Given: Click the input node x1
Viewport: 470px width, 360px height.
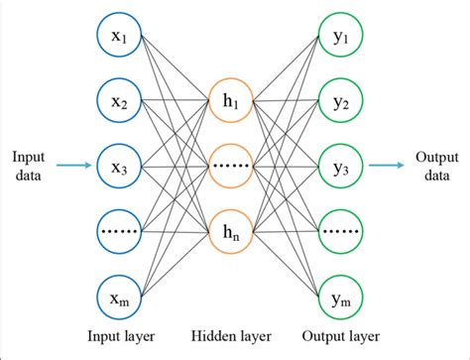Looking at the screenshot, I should tap(119, 37).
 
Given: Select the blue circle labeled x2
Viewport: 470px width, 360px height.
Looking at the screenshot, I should tap(119, 101).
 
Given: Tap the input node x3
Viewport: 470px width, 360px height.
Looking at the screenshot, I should tap(119, 166).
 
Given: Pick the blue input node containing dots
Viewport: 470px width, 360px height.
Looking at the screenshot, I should tap(119, 230).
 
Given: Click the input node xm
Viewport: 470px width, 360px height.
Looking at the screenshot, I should tap(119, 296).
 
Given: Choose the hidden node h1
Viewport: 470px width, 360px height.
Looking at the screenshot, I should tap(232, 101).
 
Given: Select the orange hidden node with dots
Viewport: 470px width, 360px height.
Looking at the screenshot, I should tap(232, 166).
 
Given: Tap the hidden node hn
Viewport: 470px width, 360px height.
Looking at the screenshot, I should tap(232, 230).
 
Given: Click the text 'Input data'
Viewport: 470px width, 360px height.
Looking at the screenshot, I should tap(29, 166).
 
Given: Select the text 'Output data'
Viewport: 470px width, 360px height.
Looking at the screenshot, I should tap(436, 166).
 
